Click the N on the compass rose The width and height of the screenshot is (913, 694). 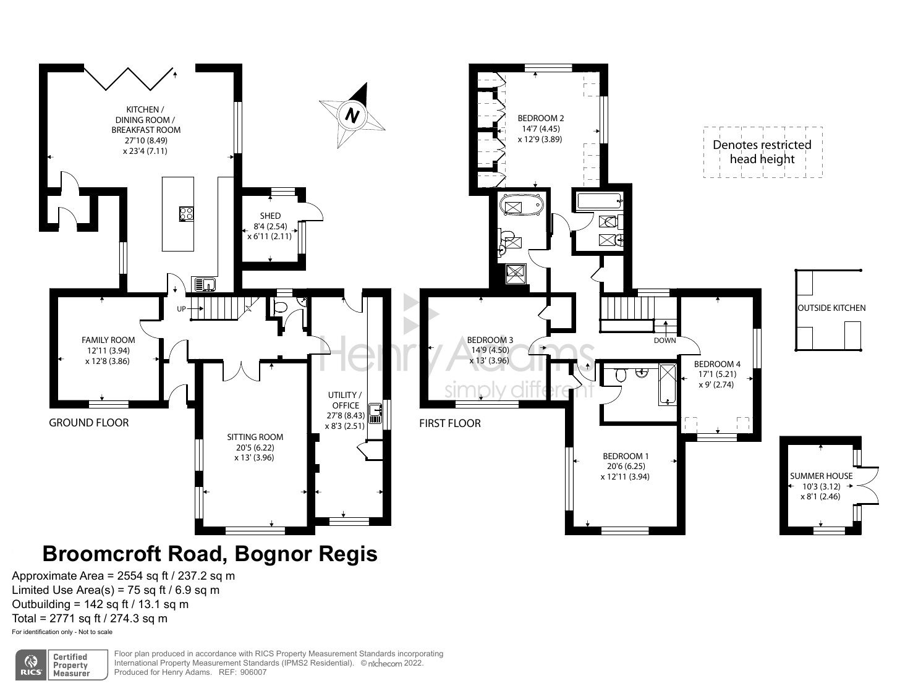point(352,115)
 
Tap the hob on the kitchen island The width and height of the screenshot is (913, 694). point(186,214)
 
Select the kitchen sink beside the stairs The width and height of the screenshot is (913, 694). point(204,284)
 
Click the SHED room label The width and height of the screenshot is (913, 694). point(270,216)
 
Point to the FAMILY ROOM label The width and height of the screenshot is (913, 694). point(108,340)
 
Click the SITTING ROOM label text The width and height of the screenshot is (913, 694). point(255,437)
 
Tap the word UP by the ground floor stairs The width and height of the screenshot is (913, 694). point(181,308)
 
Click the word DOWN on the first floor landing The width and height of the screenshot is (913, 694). point(665,341)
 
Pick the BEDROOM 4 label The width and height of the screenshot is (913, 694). point(717,364)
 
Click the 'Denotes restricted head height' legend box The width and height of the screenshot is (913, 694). point(762,152)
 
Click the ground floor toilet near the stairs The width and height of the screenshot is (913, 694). point(279,307)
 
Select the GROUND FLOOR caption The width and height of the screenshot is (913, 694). point(89,423)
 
